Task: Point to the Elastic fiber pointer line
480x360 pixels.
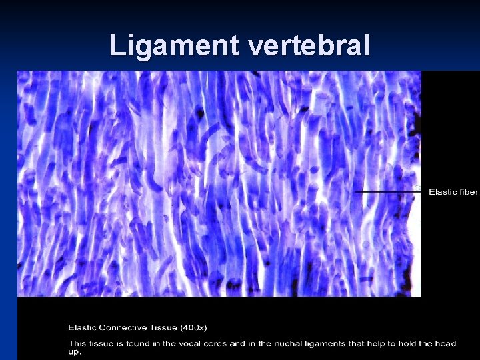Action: click(x=387, y=192)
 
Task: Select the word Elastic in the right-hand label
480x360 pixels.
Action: click(x=443, y=192)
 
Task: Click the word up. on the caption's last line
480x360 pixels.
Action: click(x=74, y=352)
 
